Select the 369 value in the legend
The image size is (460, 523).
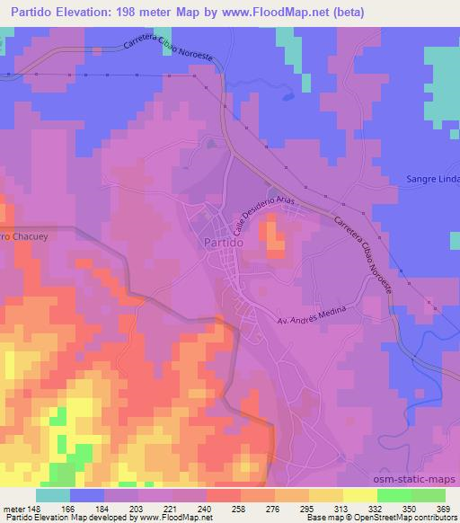(445, 508)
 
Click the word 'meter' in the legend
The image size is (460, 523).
(13, 508)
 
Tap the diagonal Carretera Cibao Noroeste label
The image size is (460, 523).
(364, 253)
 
